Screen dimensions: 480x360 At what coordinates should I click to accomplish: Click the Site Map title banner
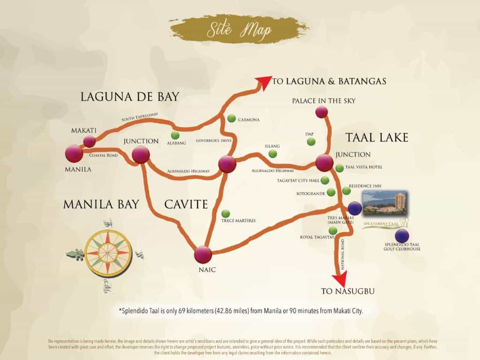click(239, 30)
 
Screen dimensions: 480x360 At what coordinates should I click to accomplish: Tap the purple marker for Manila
click(74, 153)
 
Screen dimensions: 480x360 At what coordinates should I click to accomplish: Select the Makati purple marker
click(89, 141)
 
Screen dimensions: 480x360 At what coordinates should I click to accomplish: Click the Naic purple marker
click(203, 255)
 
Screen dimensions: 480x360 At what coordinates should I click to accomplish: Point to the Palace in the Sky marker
click(321, 112)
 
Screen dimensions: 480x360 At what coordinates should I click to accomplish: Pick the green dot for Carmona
click(231, 118)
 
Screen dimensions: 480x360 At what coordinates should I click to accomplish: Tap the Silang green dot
click(273, 153)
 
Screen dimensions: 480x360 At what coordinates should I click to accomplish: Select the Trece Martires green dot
click(225, 213)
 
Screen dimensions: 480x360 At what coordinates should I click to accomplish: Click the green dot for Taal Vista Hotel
click(339, 168)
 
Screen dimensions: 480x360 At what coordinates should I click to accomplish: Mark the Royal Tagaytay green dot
click(333, 231)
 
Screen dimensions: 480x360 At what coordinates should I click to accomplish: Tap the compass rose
click(108, 253)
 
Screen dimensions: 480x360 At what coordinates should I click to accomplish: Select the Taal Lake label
click(377, 137)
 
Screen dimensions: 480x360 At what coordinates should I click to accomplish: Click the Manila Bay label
click(101, 204)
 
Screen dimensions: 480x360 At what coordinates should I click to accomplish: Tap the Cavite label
click(185, 204)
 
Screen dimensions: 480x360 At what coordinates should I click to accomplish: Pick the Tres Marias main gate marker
click(355, 208)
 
